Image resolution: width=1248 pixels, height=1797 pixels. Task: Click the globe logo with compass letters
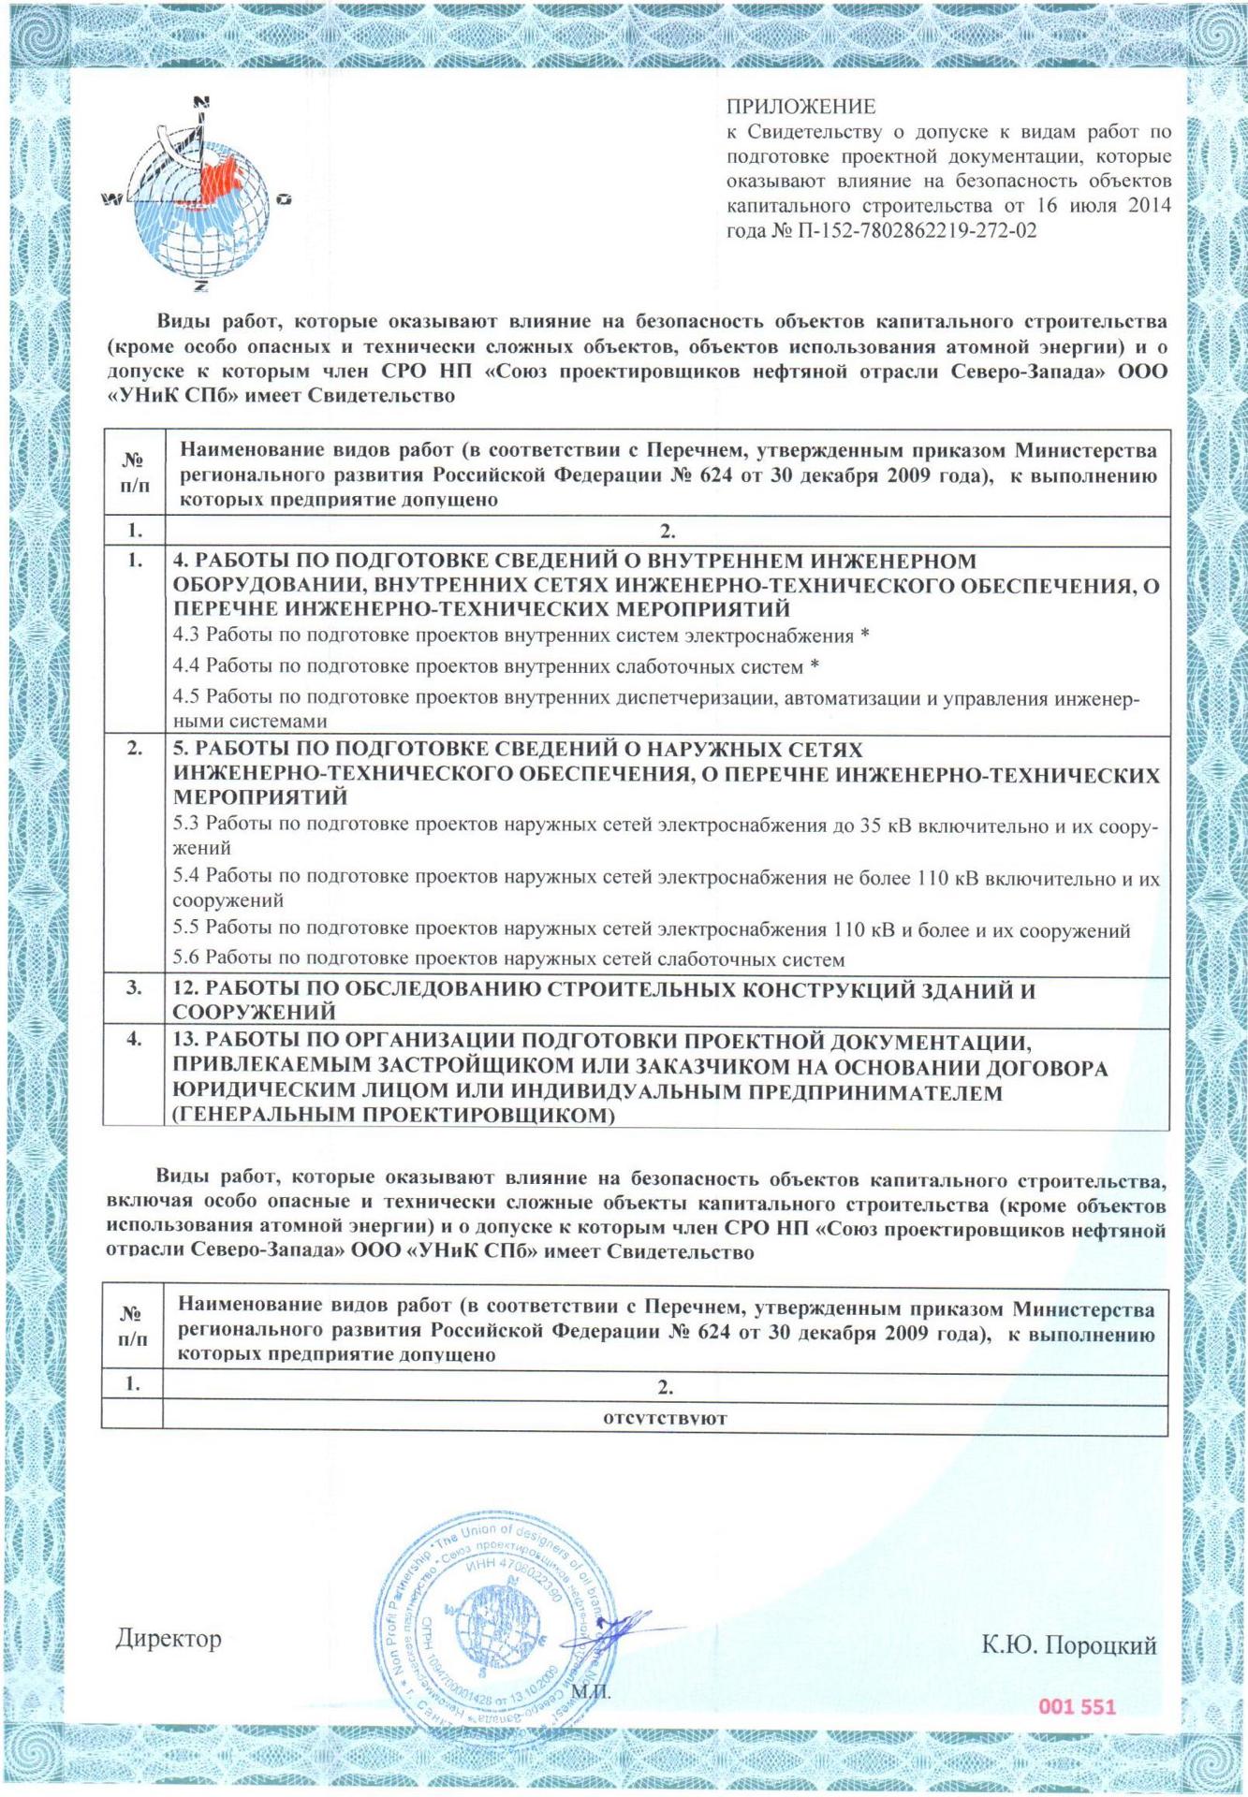click(x=199, y=197)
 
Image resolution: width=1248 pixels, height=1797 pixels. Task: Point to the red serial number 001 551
click(x=1077, y=1706)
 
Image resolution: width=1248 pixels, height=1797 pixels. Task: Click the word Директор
click(x=169, y=1639)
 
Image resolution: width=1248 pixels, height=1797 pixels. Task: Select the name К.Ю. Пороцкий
click(x=1068, y=1645)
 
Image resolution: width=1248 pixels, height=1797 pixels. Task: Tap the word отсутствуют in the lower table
click(x=666, y=1418)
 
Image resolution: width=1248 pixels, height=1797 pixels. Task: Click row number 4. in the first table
click(x=135, y=1038)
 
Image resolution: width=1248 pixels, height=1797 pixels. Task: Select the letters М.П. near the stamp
click(x=590, y=1693)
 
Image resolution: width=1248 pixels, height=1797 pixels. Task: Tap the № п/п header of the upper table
click(x=134, y=472)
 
